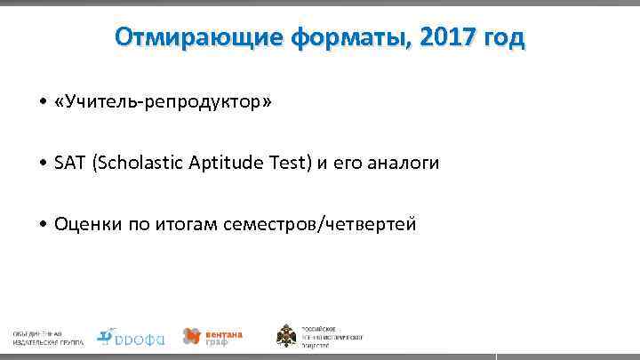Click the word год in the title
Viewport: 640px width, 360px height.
(x=503, y=39)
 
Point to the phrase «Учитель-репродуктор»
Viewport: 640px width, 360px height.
(x=164, y=104)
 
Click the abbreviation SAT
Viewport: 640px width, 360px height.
(x=68, y=164)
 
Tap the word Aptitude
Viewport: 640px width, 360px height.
(x=226, y=164)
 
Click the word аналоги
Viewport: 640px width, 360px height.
(x=400, y=164)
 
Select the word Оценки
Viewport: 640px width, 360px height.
(x=84, y=224)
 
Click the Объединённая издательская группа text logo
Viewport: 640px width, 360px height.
(x=48, y=337)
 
